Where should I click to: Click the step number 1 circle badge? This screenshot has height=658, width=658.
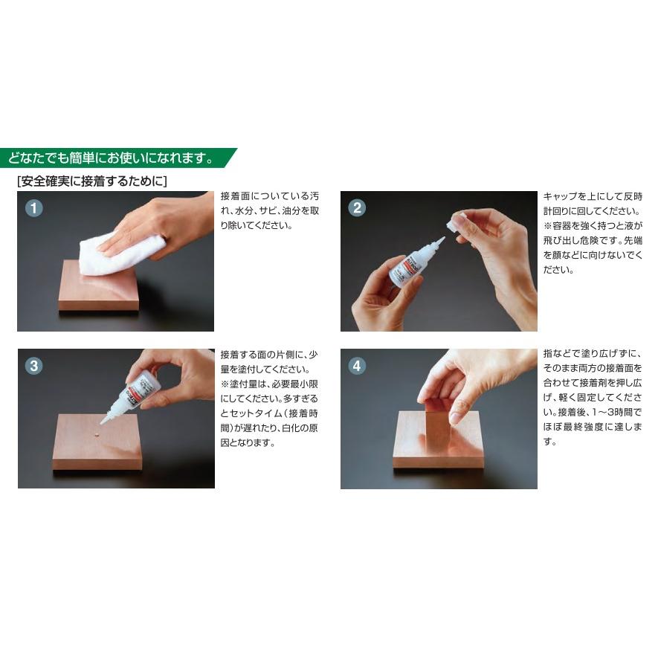[33, 208]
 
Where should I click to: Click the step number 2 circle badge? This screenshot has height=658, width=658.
[357, 208]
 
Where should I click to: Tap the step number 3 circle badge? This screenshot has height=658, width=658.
[33, 365]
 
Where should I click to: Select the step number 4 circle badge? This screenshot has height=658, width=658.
[357, 365]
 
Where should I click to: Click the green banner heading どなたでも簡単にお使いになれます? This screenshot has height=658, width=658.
[112, 158]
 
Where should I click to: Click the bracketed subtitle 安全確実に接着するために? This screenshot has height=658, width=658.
[91, 181]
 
